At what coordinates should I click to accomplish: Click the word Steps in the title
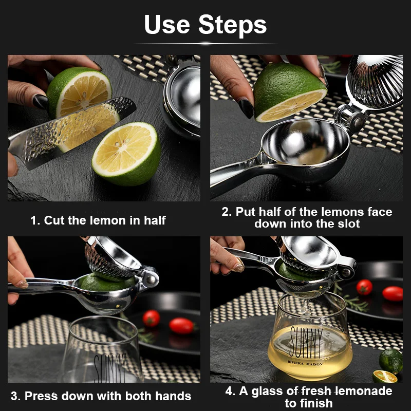[232, 25]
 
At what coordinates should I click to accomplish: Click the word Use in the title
[166, 24]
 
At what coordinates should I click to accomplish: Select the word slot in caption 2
[348, 223]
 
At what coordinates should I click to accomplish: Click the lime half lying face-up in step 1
[126, 154]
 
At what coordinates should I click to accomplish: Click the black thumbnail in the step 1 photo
[40, 101]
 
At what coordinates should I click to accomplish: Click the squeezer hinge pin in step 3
[151, 279]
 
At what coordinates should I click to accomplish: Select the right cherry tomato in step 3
[181, 326]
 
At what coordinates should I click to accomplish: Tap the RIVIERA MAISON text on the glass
[305, 363]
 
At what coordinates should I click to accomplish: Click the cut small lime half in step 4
[385, 377]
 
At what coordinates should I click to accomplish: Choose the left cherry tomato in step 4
[364, 287]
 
